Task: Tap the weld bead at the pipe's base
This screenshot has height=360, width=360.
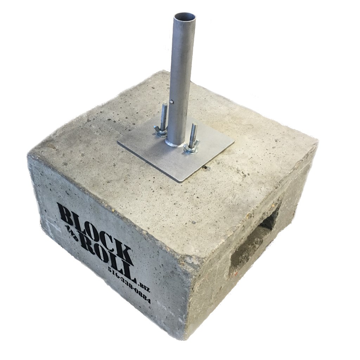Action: [x=176, y=144]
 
